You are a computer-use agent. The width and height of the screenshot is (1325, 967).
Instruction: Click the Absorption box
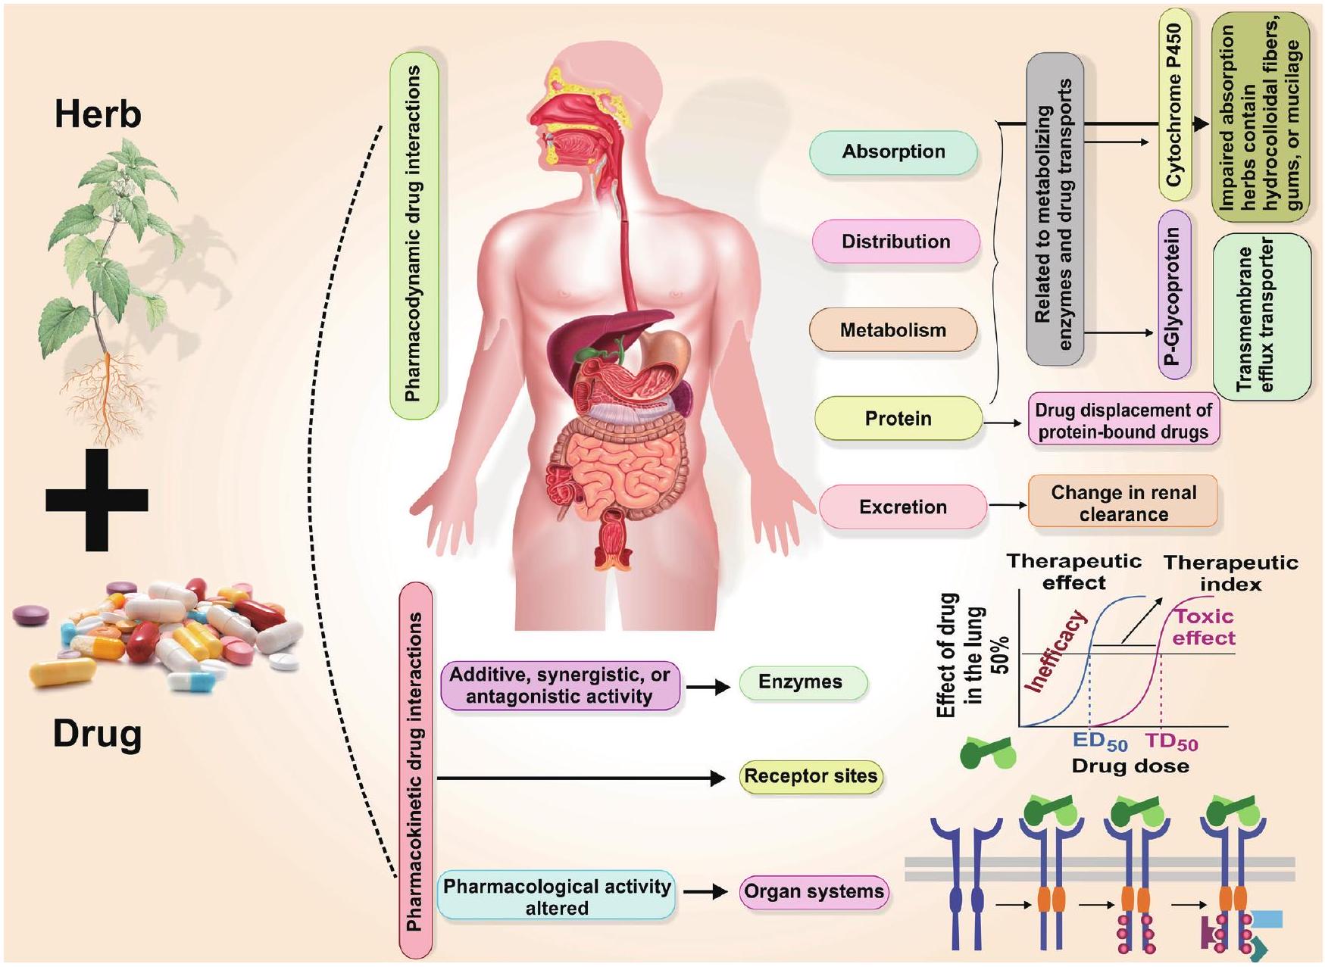[x=893, y=152]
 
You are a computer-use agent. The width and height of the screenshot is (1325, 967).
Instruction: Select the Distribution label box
[x=895, y=242]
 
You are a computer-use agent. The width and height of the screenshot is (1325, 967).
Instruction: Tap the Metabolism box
[x=892, y=330]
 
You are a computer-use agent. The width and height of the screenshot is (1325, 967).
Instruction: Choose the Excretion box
[x=902, y=507]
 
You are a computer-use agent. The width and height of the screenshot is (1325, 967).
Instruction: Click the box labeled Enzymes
[x=800, y=682]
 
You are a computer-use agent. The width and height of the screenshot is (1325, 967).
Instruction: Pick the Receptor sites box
[x=810, y=777]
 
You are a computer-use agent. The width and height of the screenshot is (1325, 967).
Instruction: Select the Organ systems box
[x=814, y=892]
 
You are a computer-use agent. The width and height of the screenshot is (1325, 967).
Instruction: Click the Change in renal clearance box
[x=1123, y=503]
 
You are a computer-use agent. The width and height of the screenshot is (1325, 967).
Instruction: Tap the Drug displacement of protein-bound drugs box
[x=1123, y=421]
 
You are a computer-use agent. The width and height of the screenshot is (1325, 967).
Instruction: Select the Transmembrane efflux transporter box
[x=1261, y=317]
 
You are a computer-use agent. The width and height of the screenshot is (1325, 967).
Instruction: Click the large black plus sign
[x=97, y=500]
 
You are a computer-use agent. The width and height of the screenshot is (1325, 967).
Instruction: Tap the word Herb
[x=98, y=115]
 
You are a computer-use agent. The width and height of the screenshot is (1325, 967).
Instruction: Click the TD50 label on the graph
[x=1170, y=743]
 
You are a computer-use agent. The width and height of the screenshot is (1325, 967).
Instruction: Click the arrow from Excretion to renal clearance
[x=1007, y=505]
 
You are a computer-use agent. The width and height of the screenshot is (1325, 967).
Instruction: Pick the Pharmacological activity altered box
[x=556, y=897]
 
